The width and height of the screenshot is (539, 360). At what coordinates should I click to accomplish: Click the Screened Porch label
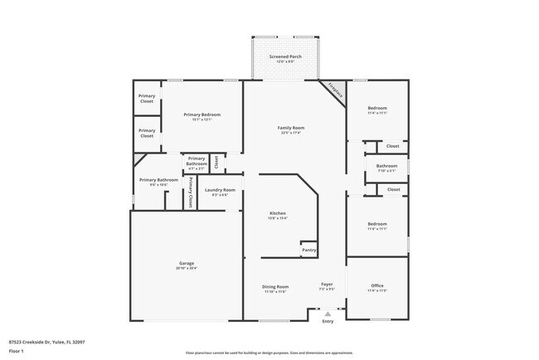tap(285, 56)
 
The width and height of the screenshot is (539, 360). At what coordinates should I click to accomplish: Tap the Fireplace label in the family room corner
tap(335, 91)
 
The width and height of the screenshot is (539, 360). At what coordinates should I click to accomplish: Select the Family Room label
tap(291, 128)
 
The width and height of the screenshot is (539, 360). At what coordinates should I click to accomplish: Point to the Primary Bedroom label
tap(202, 114)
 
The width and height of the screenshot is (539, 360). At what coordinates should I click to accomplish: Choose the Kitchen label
tap(278, 213)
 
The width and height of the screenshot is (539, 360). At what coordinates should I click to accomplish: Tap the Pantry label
tap(308, 249)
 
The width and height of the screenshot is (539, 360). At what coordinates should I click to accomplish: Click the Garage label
tap(186, 263)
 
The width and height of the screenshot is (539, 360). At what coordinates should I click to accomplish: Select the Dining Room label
tap(275, 286)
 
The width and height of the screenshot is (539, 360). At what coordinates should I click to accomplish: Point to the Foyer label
tap(328, 284)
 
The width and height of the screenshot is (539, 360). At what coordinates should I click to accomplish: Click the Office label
tap(377, 286)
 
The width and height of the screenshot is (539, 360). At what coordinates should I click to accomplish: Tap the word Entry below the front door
tap(328, 322)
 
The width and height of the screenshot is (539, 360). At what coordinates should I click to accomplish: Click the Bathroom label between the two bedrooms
tap(387, 165)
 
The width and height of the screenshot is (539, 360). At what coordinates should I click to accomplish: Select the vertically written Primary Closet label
tap(192, 192)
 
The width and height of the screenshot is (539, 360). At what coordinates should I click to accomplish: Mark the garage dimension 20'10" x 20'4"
tap(186, 268)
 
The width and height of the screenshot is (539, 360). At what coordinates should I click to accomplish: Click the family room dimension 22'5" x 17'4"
tap(291, 133)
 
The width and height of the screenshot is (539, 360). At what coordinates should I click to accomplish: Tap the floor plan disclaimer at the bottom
tap(269, 353)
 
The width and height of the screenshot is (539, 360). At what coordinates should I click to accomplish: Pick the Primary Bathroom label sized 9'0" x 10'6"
tap(158, 180)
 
